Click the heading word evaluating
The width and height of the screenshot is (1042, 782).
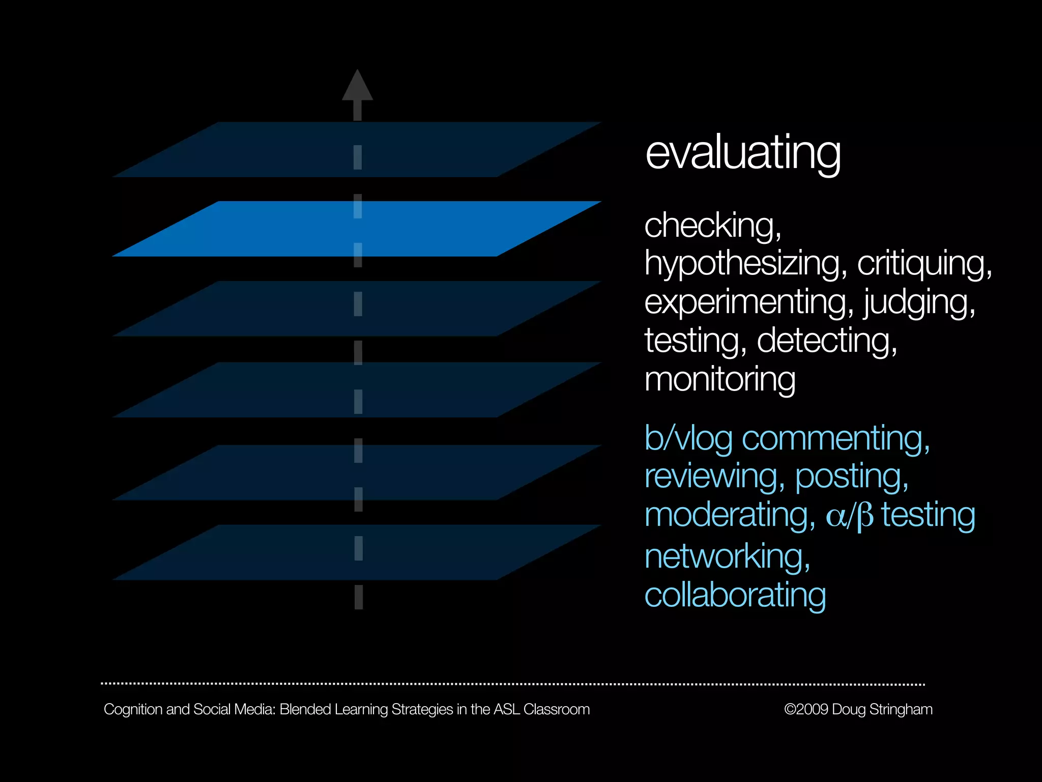[743, 153]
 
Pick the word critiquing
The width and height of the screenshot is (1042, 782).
[924, 264]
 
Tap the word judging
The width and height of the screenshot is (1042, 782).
[919, 302]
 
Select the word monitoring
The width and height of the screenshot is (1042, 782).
[720, 379]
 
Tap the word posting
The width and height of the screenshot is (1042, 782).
[851, 477]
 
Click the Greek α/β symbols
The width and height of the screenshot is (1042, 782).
[849, 516]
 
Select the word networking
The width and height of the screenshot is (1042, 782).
[727, 556]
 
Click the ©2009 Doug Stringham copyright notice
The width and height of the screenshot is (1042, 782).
[858, 709]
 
